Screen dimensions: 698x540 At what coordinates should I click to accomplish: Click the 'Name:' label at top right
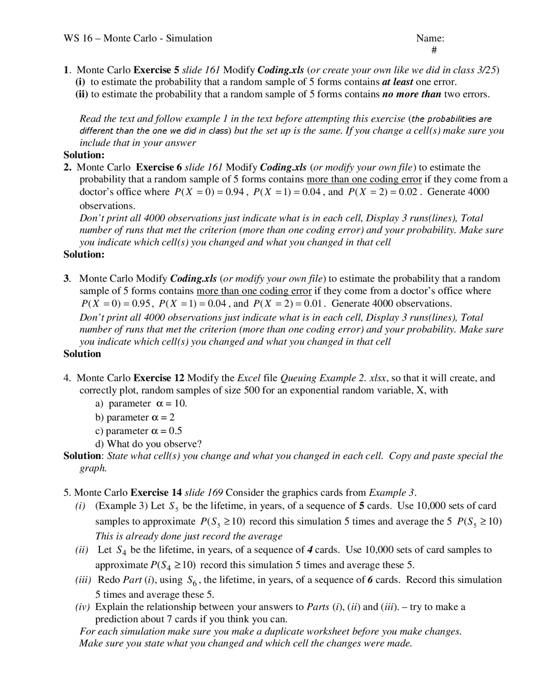pos(430,38)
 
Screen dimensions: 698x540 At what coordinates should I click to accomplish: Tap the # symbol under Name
pos(434,51)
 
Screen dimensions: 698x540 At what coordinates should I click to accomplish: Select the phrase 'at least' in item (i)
pos(397,82)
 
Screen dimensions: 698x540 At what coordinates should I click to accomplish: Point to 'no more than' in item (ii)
pos(411,94)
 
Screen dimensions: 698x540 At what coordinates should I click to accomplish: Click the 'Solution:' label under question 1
pos(84,155)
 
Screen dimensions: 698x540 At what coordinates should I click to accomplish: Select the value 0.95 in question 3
pos(142,304)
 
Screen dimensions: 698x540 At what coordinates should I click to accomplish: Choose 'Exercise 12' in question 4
pos(159,378)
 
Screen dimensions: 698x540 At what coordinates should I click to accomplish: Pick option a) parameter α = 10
pos(141,404)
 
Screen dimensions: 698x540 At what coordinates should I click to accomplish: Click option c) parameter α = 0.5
pos(140,431)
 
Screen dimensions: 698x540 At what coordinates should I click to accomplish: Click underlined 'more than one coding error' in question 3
pos(254,291)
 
